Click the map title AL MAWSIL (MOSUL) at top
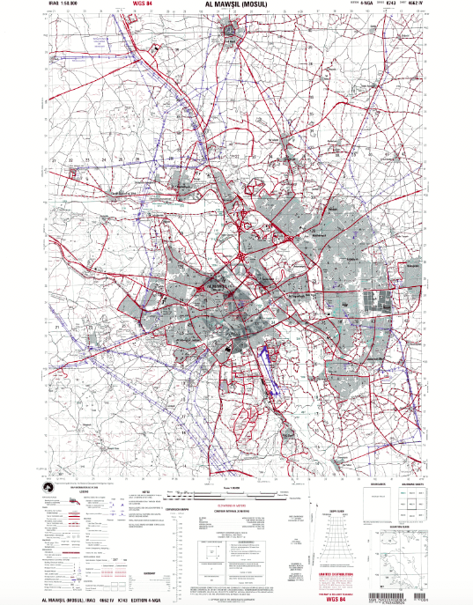(235, 4)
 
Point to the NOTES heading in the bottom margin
(146, 493)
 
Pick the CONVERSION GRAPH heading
(156, 510)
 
